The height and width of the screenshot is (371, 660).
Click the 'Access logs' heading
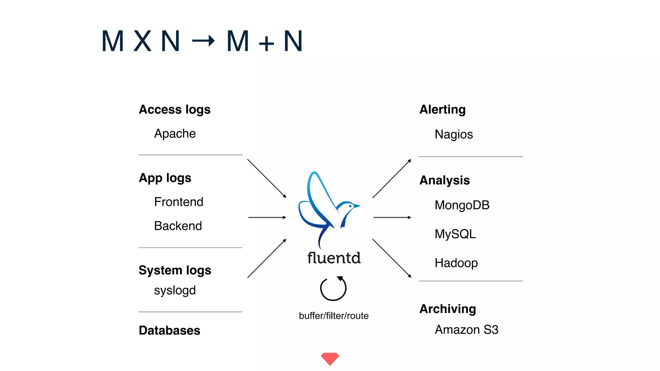point(174,109)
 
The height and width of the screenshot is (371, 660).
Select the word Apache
point(175,134)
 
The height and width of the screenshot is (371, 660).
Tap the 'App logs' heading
point(165,178)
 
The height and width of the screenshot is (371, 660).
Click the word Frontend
point(179,202)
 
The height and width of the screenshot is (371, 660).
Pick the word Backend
point(178,226)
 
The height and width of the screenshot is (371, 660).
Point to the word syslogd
point(175,290)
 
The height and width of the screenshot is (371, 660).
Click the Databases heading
point(169,330)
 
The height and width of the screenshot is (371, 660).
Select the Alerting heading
point(442,109)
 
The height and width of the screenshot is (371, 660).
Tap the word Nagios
point(453,134)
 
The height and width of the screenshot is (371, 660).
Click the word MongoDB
point(462,205)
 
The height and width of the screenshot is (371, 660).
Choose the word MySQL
point(455,234)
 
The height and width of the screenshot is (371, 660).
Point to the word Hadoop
point(456,263)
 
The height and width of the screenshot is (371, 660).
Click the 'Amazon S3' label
point(466,330)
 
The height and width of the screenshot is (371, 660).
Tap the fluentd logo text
point(334,258)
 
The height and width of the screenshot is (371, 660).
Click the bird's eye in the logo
point(350,206)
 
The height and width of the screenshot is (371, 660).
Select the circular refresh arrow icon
point(333,288)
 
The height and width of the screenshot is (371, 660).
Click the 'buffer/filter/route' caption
point(334,316)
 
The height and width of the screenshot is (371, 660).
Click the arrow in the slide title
point(203,41)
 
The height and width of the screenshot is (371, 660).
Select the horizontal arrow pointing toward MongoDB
point(392,217)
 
